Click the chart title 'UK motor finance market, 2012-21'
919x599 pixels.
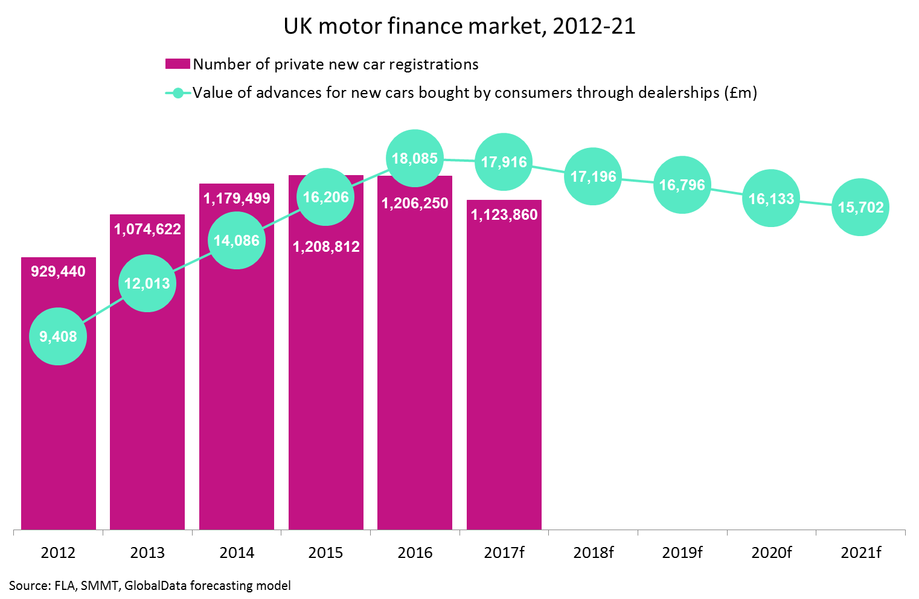[459, 26]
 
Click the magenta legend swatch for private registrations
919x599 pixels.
[178, 64]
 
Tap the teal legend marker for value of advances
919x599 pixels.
[178, 93]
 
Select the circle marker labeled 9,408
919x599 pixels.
[58, 336]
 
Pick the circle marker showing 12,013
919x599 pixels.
[147, 283]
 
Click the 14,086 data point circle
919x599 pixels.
[237, 240]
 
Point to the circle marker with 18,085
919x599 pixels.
[415, 158]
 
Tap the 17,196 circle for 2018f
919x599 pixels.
[593, 176]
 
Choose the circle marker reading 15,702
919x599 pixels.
[860, 207]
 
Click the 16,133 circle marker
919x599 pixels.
[771, 199]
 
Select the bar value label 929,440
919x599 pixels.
[59, 271]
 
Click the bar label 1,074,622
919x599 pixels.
[147, 229]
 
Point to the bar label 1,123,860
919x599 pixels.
[504, 214]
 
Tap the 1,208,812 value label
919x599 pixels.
[326, 246]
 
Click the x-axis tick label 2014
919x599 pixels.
[237, 553]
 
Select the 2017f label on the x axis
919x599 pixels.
[504, 553]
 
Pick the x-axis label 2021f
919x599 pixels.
[860, 553]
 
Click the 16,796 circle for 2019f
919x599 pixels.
[682, 185]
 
